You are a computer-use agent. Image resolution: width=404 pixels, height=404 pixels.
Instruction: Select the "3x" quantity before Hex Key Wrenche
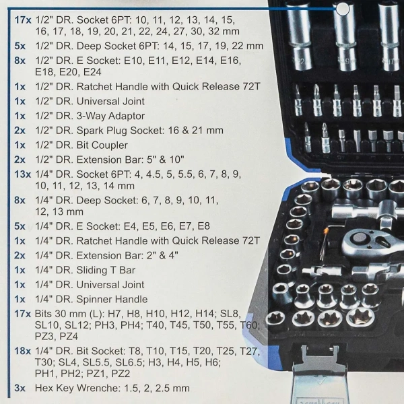point(20,389)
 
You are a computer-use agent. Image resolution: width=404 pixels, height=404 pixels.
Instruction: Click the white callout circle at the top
point(342,9)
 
